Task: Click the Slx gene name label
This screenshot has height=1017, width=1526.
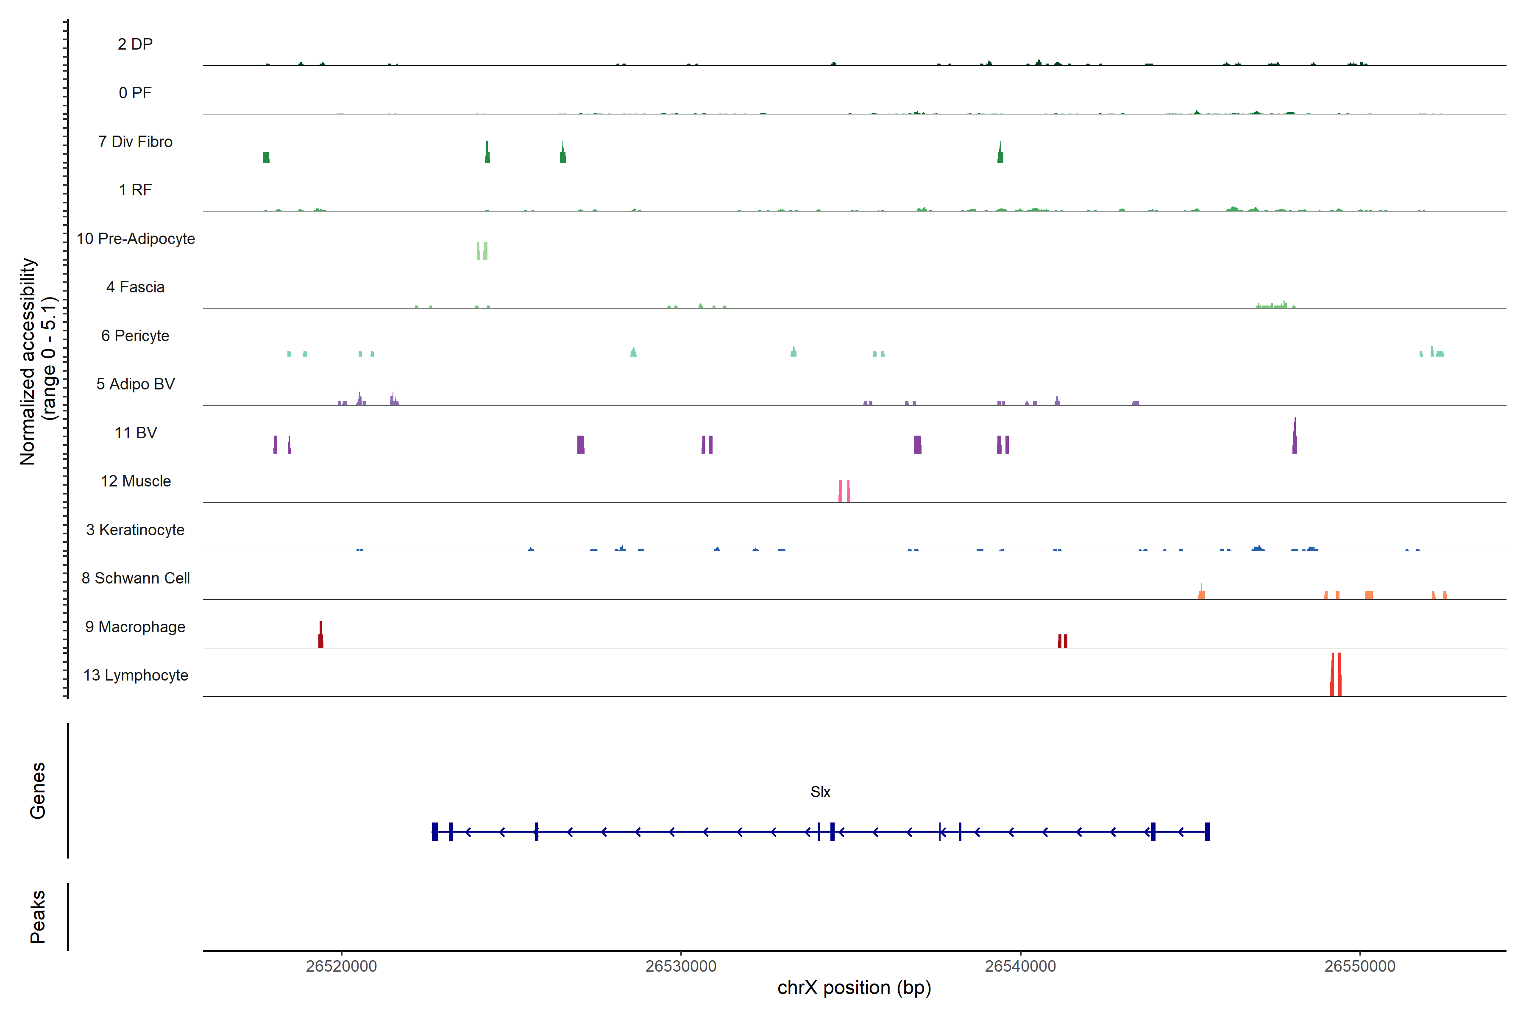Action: click(x=820, y=792)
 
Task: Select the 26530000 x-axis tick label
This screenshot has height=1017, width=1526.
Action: click(x=681, y=967)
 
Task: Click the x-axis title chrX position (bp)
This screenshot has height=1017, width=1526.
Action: click(x=854, y=988)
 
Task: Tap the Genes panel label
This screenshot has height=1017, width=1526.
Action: click(x=38, y=791)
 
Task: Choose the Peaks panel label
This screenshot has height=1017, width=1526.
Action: click(x=38, y=917)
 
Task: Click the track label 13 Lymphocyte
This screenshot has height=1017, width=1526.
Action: click(x=136, y=675)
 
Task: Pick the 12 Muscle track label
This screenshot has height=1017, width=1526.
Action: click(x=136, y=481)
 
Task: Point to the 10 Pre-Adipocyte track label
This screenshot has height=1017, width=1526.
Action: click(x=136, y=239)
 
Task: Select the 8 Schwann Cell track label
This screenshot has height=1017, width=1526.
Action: click(x=136, y=578)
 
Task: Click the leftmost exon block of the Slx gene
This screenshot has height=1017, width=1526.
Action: click(x=435, y=831)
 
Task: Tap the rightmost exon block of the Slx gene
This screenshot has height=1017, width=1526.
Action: click(x=1207, y=831)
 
